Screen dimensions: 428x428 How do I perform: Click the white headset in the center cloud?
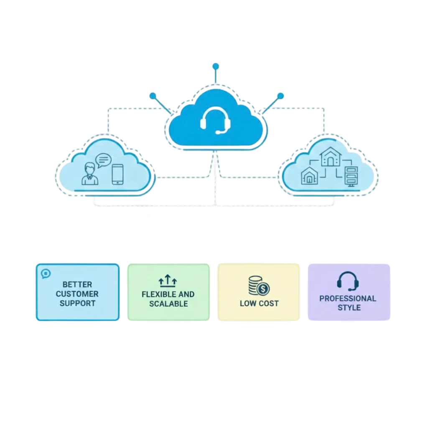(215, 120)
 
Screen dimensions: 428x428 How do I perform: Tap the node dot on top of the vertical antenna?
(215, 66)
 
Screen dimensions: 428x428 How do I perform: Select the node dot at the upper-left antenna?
(153, 95)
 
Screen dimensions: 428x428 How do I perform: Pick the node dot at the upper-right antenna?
(280, 96)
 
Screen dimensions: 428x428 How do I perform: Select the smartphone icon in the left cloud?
(117, 175)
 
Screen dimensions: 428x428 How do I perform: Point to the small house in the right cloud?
(309, 176)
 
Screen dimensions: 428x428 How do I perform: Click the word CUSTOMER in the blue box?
(77, 294)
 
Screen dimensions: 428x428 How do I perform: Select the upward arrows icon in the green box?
(168, 280)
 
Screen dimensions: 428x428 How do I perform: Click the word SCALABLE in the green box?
(168, 303)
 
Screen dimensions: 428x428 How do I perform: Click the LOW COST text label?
(259, 303)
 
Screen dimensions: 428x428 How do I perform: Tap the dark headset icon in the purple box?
(348, 281)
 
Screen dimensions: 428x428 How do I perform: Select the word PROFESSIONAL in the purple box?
(348, 298)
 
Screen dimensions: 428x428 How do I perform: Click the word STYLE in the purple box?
(349, 308)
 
